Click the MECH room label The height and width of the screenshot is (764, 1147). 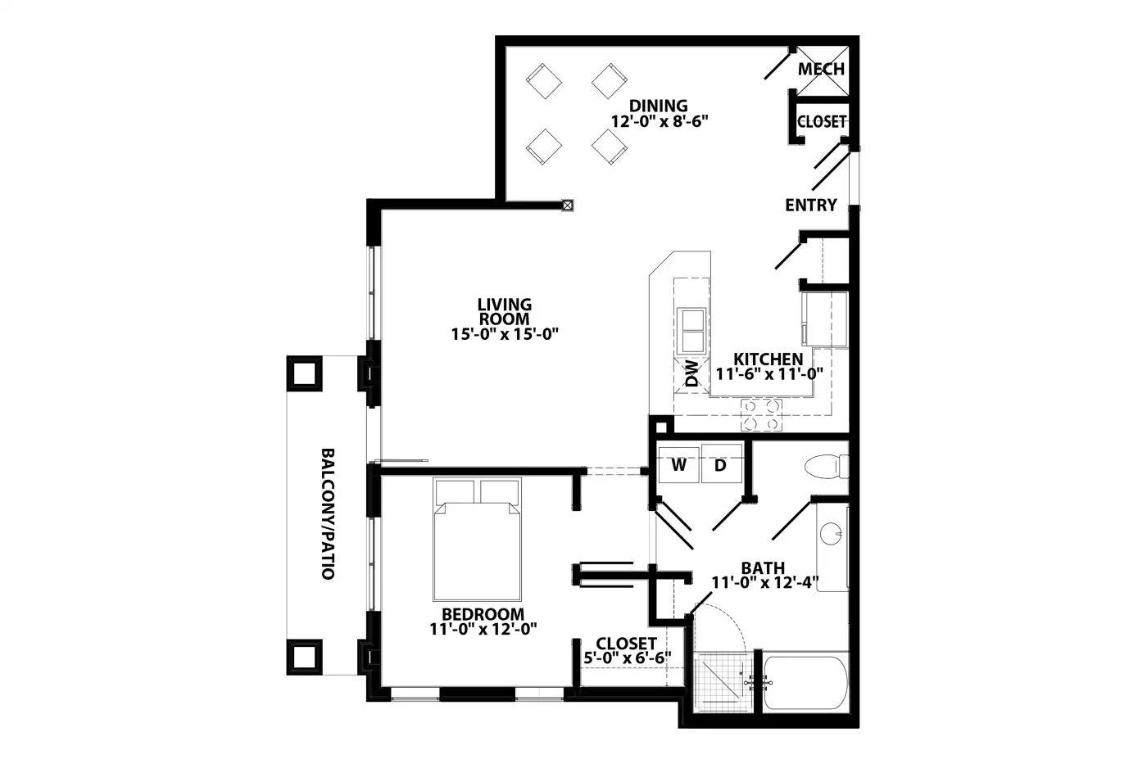821,69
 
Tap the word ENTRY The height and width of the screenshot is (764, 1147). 810,206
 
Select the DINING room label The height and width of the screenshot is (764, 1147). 658,106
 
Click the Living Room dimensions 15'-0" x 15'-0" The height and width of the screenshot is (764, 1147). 505,334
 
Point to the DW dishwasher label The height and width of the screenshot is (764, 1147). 691,373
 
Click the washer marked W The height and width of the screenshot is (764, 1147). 678,464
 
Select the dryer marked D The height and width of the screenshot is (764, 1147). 721,464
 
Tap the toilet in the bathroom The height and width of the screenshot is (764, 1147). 827,466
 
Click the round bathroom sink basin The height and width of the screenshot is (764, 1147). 831,534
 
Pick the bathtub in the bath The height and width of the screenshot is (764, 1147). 805,683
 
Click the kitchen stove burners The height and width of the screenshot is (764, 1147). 761,415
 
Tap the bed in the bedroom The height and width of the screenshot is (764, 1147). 477,540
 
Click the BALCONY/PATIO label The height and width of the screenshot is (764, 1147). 328,513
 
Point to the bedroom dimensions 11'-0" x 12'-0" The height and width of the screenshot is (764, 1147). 483,629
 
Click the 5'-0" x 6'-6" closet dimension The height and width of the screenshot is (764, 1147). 628,658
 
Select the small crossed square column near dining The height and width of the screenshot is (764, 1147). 567,206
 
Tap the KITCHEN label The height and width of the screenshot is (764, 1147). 768,359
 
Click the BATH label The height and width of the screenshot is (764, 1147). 763,568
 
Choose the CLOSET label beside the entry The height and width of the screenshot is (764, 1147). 821,122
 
